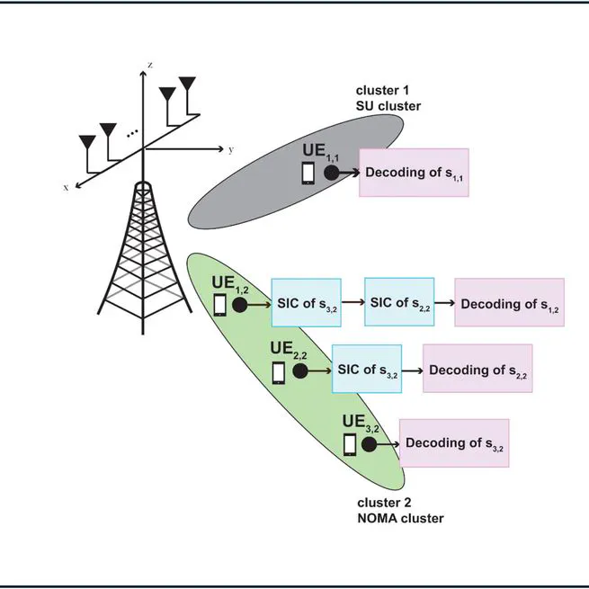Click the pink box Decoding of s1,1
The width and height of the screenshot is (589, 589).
point(414,173)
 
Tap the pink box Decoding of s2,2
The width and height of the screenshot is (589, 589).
point(477,370)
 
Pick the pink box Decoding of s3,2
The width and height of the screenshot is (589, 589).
point(453,442)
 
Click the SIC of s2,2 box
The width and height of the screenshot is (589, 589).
point(399,302)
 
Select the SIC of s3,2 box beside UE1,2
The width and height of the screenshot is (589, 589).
point(306,303)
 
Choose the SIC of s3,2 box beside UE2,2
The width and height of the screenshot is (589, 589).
point(367,370)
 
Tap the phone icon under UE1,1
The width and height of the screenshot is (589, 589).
point(308,173)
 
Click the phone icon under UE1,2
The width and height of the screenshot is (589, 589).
point(220,305)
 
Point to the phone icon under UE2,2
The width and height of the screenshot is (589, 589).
point(280,370)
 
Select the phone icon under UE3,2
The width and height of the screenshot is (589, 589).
point(350,443)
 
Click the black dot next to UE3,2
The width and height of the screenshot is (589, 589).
point(369,443)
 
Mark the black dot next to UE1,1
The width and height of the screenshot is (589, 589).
point(331,173)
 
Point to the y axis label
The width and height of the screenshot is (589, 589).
point(231,149)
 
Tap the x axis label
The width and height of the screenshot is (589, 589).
point(67,187)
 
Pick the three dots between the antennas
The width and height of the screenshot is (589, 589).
point(133,133)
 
